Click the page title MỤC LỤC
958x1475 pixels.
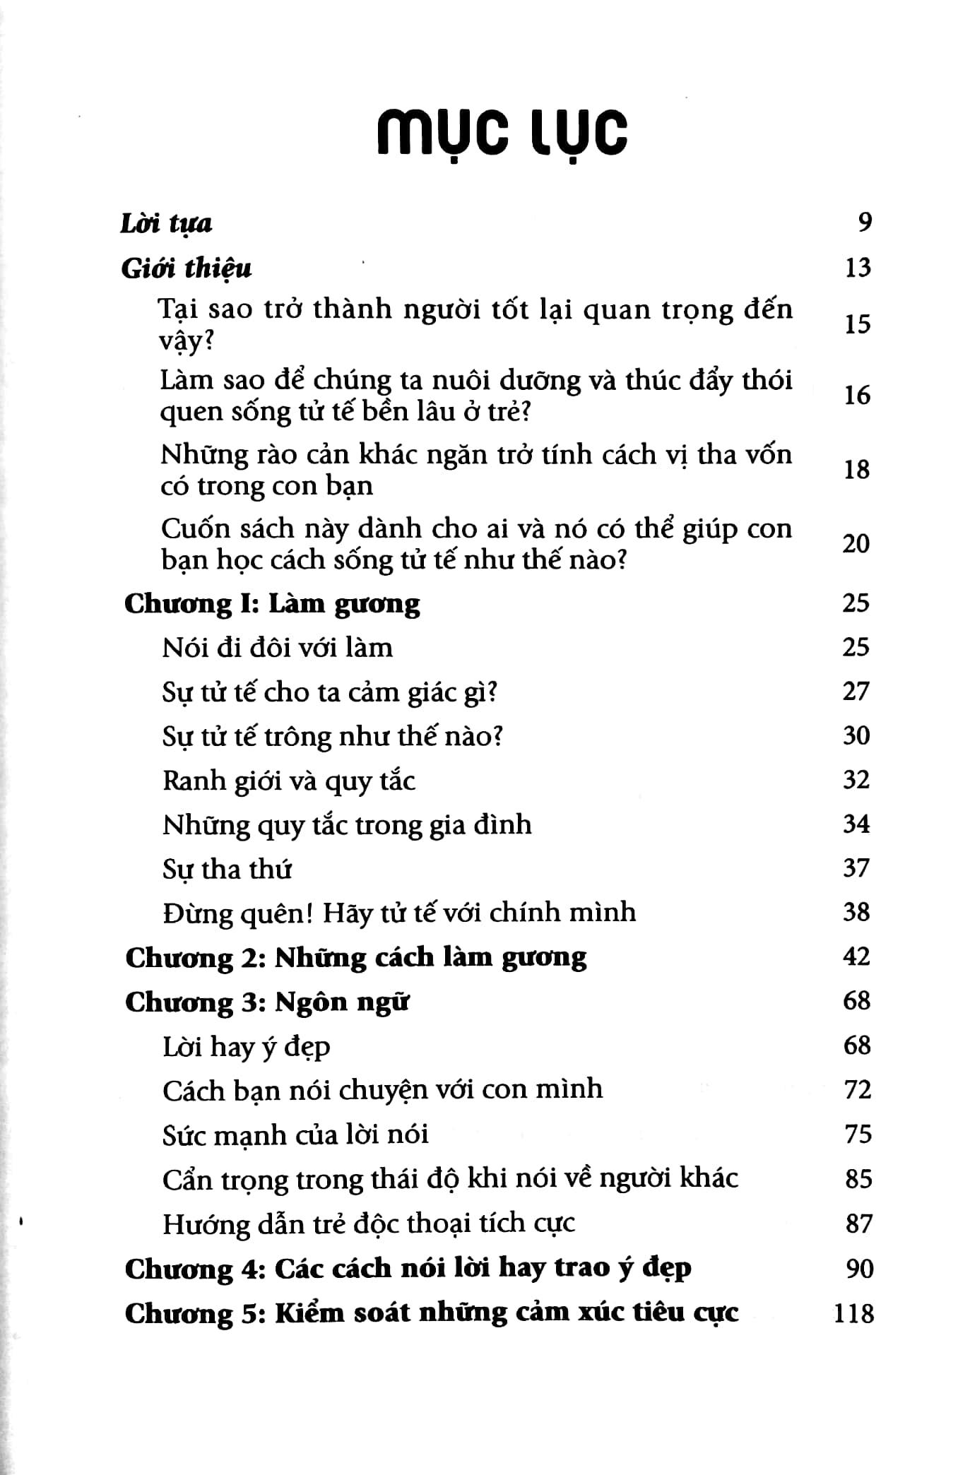click(501, 134)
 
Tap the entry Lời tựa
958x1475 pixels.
click(166, 224)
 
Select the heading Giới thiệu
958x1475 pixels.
click(187, 269)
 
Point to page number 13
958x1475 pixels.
click(858, 268)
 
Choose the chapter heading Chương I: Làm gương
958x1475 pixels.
click(272, 604)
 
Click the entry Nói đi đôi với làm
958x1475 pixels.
click(277, 648)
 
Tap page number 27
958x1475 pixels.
click(856, 691)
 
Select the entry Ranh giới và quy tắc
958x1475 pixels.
click(288, 781)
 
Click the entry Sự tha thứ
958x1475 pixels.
click(227, 869)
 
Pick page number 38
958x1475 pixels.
click(856, 912)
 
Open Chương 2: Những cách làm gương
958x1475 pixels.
click(355, 958)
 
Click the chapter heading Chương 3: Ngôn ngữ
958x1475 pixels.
click(267, 1002)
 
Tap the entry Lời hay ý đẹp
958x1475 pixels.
click(246, 1047)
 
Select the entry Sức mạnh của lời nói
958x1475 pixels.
click(295, 1135)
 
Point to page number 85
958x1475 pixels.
click(858, 1179)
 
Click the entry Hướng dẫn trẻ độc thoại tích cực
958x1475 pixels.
click(368, 1224)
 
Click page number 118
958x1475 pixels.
click(853, 1314)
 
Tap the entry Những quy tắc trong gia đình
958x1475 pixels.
click(346, 825)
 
